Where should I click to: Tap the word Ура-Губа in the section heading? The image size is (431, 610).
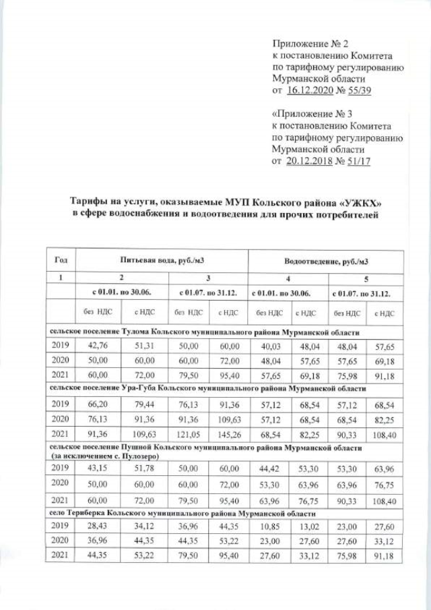tap(141, 389)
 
